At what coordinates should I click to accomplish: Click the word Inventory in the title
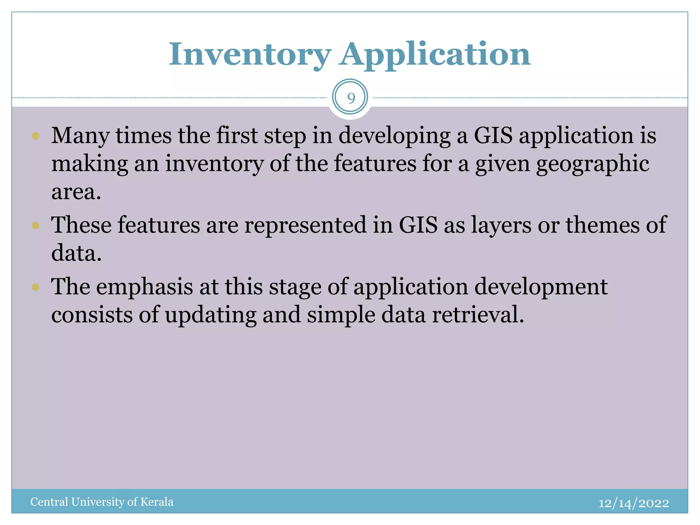[x=250, y=55]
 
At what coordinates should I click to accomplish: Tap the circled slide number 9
[x=350, y=98]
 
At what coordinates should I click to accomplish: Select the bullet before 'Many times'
[x=36, y=136]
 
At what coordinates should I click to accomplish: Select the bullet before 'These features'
[x=36, y=226]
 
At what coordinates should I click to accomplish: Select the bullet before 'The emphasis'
[x=36, y=287]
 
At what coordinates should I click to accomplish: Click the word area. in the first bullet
[x=76, y=192]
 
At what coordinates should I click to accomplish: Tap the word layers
[x=501, y=225]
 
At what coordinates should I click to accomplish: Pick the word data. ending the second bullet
[x=76, y=254]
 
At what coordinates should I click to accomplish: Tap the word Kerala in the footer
[x=157, y=502]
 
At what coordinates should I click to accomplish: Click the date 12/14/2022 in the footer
[x=633, y=503]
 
